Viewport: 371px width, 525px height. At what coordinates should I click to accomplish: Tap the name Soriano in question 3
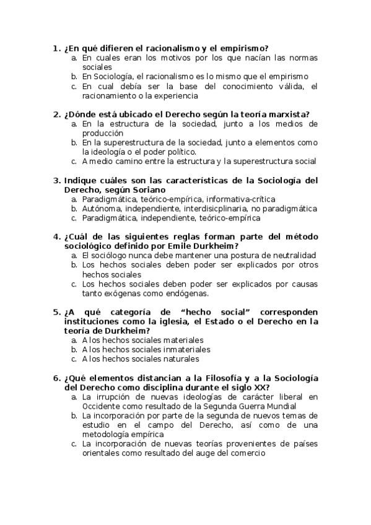(147, 189)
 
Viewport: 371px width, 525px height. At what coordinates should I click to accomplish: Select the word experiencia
(177, 95)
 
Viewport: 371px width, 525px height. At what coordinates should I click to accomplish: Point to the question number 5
(56, 312)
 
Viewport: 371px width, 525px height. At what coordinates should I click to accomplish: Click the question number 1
(56, 48)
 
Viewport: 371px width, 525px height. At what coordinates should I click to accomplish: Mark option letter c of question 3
(74, 218)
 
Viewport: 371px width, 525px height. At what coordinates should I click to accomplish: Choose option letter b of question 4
(74, 264)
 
